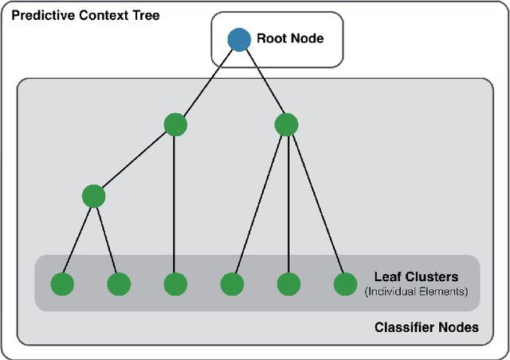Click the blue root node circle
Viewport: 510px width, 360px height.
pyautogui.click(x=238, y=39)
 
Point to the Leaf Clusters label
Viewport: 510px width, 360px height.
pyautogui.click(x=416, y=277)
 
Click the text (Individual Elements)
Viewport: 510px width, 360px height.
pyautogui.click(x=415, y=292)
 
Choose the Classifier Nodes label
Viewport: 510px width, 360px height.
pyautogui.click(x=426, y=327)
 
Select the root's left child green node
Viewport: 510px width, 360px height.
pyautogui.click(x=175, y=124)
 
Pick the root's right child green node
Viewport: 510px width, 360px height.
pyautogui.click(x=286, y=124)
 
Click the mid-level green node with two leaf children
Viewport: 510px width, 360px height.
pyautogui.click(x=93, y=196)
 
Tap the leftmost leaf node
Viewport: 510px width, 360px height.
pyautogui.click(x=62, y=284)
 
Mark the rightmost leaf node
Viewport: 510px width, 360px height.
pyautogui.click(x=344, y=284)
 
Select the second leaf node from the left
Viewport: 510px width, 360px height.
pyautogui.click(x=119, y=284)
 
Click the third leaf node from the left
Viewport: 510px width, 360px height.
pyautogui.click(x=175, y=284)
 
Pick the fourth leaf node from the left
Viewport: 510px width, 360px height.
pyautogui.click(x=232, y=284)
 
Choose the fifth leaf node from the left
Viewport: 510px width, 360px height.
pyautogui.click(x=288, y=284)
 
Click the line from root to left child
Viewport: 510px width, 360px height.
pyautogui.click(x=207, y=81)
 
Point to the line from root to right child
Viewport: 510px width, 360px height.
pyautogui.click(x=262, y=81)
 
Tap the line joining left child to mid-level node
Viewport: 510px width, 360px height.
pyautogui.click(x=134, y=160)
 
